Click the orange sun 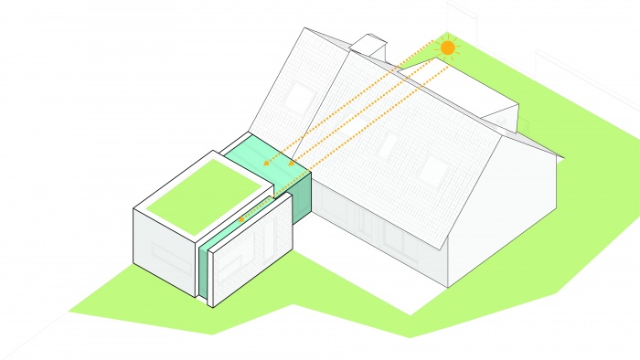pyautogui.click(x=447, y=47)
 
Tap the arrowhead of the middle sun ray pyautogui.click(x=291, y=164)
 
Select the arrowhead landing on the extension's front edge pyautogui.click(x=240, y=219)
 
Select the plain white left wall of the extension pyautogui.click(x=165, y=248)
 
